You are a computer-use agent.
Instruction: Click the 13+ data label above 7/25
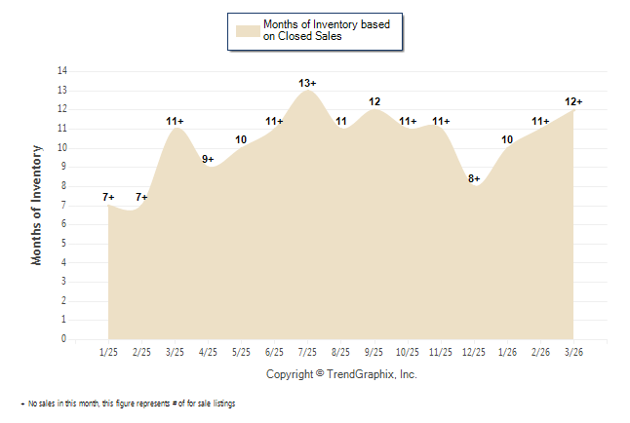click(x=308, y=83)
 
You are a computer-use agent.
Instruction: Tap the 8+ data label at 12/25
click(x=474, y=178)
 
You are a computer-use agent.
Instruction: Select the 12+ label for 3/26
click(x=573, y=101)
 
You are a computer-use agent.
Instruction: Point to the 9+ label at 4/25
click(x=208, y=159)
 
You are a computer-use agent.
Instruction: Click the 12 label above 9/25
click(x=374, y=101)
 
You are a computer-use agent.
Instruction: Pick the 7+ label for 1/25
click(x=108, y=198)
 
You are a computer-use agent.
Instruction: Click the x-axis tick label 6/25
click(x=275, y=351)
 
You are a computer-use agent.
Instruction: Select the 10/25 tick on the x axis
click(x=408, y=351)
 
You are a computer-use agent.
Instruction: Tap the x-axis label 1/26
click(x=507, y=351)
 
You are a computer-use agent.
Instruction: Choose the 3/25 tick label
click(x=176, y=351)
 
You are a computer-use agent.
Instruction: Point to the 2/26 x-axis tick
click(x=540, y=351)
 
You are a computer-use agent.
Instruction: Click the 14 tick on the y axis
click(x=62, y=71)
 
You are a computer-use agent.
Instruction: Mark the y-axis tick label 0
click(x=64, y=339)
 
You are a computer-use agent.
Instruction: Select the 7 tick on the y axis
click(x=64, y=205)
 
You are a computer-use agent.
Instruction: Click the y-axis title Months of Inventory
click(x=37, y=205)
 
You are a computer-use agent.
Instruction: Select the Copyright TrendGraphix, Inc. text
click(x=341, y=374)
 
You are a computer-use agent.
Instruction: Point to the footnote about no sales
click(x=128, y=404)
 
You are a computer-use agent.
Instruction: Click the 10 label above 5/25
click(x=241, y=140)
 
